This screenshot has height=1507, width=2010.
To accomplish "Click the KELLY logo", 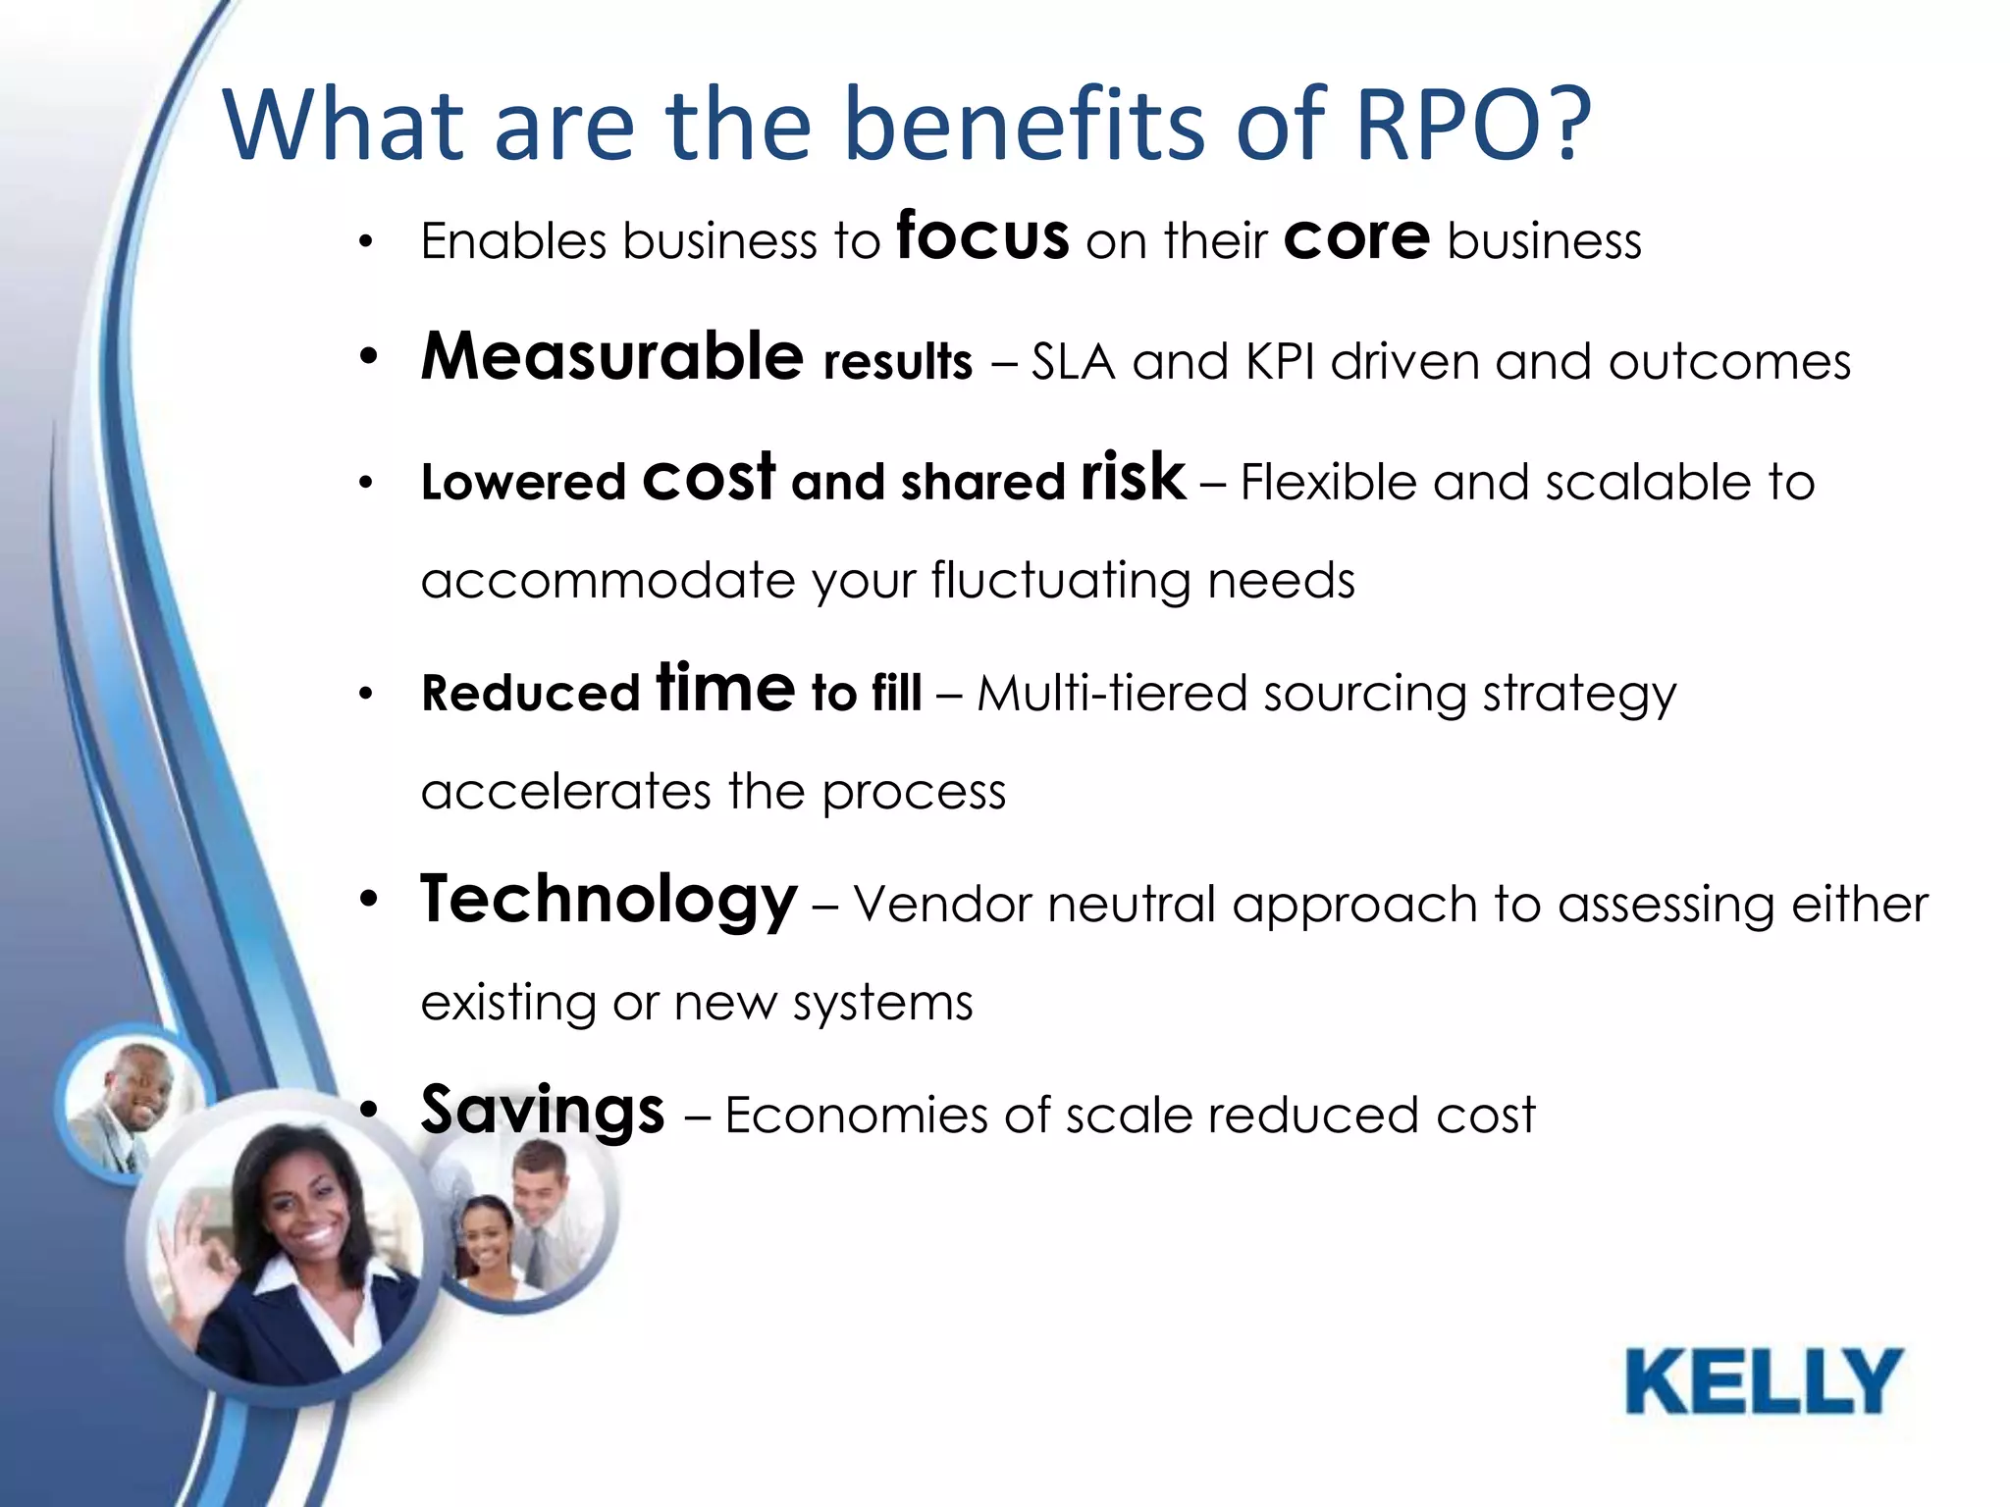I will pos(1764,1381).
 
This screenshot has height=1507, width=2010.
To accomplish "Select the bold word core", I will pos(1356,237).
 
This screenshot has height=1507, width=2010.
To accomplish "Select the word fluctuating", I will pos(1061,581).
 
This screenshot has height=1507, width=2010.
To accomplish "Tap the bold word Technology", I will pos(608,901).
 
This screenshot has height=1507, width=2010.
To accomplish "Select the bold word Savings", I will pos(543,1112).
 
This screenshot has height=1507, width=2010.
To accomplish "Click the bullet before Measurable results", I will pos(368,358).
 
